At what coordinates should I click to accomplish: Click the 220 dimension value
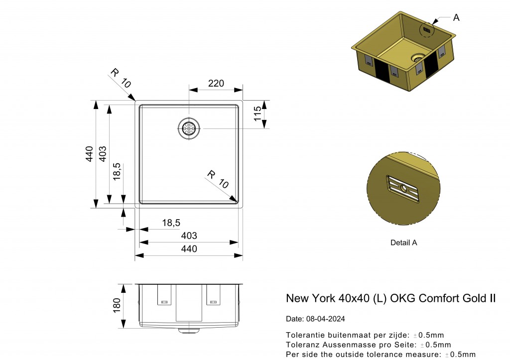coord(216,84)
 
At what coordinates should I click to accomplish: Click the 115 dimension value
coord(257,114)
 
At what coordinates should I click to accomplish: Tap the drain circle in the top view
coord(189,128)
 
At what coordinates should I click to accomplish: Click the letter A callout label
coord(456,17)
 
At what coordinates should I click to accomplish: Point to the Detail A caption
coord(403,243)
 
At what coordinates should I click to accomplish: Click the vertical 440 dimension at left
coord(89,155)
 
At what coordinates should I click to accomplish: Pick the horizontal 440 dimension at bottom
coord(189,249)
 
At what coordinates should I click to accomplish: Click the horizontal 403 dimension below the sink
coord(189,236)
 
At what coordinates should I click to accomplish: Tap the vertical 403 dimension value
coord(103,155)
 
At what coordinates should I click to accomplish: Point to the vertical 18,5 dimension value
coord(117,172)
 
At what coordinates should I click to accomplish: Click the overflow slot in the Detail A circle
coord(403,189)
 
